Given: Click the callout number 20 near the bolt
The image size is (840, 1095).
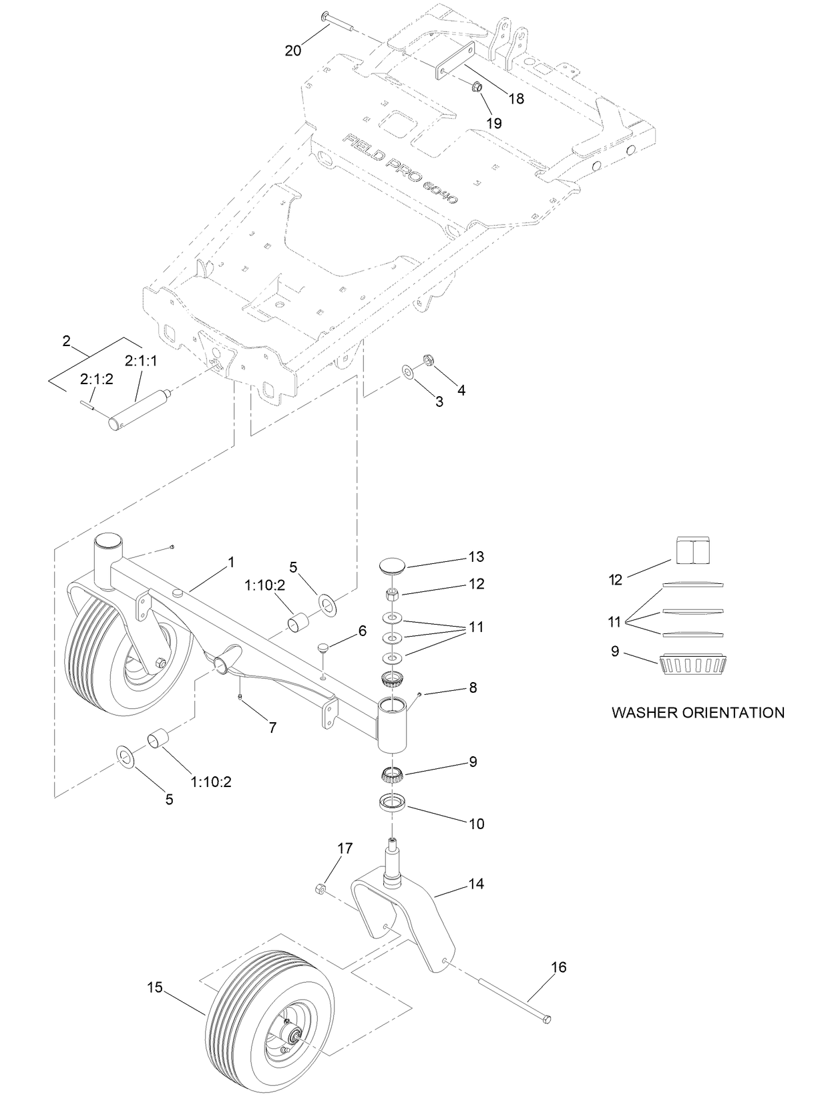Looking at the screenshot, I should (293, 50).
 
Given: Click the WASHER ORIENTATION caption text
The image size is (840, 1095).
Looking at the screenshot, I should (698, 712).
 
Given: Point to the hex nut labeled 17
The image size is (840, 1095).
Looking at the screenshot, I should (320, 889).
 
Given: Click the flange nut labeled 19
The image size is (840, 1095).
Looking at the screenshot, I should (477, 87).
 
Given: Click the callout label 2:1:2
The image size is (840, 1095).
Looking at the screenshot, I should (97, 379).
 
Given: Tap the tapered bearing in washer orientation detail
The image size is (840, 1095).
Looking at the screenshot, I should (692, 665).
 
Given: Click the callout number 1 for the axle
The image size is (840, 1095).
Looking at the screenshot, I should (231, 563).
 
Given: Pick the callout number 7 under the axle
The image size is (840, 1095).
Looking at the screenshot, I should (272, 728).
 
